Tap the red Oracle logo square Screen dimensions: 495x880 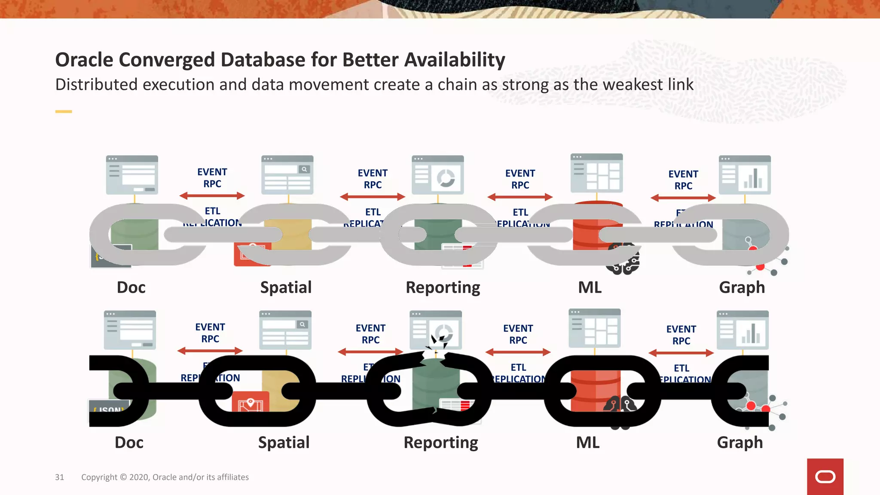point(825,477)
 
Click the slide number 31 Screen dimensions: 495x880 point(59,477)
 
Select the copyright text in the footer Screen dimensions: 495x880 point(165,477)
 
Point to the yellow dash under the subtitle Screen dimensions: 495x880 point(64,112)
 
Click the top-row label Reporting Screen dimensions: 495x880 point(443,287)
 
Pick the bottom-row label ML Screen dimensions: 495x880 point(587,443)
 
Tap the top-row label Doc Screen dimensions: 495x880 point(131,287)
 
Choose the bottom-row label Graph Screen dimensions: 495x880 point(739,443)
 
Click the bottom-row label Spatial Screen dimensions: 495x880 point(284,443)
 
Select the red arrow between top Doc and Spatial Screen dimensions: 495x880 point(212,196)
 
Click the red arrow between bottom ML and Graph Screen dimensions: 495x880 point(681,353)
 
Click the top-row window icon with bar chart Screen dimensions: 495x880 point(745,175)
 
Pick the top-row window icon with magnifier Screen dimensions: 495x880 point(287,175)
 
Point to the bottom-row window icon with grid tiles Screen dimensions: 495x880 point(594,328)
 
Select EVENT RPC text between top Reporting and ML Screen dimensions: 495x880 point(520,179)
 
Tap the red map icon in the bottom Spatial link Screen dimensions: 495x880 point(251,403)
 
